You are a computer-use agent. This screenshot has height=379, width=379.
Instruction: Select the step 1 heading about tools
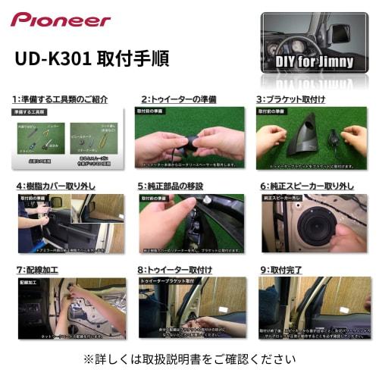point(61,99)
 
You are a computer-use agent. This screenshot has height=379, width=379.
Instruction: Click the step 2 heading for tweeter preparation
point(178,99)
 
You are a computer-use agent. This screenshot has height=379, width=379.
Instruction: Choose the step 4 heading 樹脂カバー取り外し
point(58,185)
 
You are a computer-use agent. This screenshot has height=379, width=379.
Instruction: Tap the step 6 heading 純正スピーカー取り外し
point(306,185)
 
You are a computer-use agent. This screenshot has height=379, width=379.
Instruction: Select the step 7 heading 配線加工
point(37,269)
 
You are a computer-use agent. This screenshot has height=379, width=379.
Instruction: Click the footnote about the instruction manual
point(189,359)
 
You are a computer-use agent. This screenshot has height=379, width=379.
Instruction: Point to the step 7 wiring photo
point(71,307)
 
